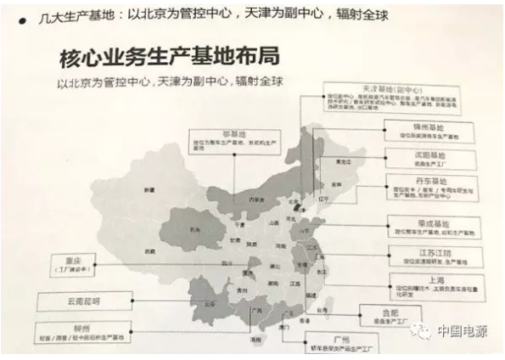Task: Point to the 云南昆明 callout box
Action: tap(81, 300)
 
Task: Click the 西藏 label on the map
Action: tap(150, 252)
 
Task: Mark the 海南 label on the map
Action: tap(255, 339)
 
